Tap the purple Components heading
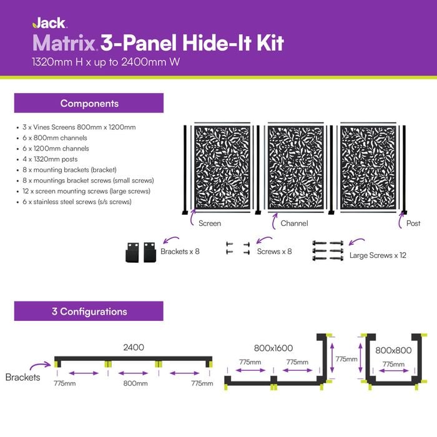pyautogui.click(x=89, y=103)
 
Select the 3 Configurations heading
pyautogui.click(x=89, y=311)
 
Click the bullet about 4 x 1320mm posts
pyautogui.click(x=53, y=159)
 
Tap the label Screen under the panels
pyautogui.click(x=209, y=223)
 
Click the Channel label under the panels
pyautogui.click(x=293, y=223)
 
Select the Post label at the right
pyautogui.click(x=413, y=223)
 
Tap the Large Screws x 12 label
pyautogui.click(x=378, y=255)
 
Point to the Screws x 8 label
pyautogui.click(x=274, y=252)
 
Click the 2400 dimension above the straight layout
pyautogui.click(x=133, y=347)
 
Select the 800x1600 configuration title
pyautogui.click(x=273, y=348)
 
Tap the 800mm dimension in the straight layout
pyautogui.click(x=135, y=383)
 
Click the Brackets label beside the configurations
pyautogui.click(x=23, y=377)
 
